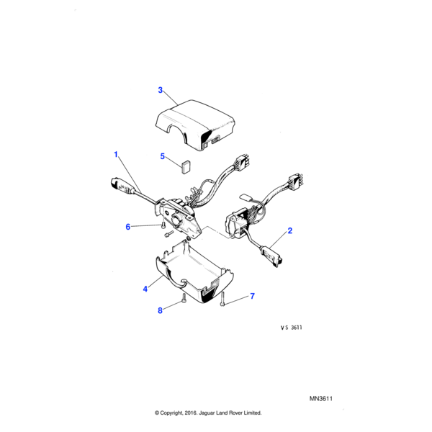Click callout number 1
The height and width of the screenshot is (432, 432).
click(x=114, y=154)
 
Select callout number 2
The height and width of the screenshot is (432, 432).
click(x=290, y=231)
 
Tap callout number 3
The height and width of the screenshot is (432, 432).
click(x=161, y=90)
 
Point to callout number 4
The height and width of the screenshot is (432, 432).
click(x=145, y=289)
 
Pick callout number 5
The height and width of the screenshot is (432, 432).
click(x=162, y=156)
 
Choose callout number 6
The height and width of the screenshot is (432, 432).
click(x=128, y=227)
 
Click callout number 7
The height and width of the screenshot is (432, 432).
click(x=252, y=296)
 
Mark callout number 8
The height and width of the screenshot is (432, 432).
click(x=160, y=311)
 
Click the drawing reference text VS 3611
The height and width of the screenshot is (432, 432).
click(x=291, y=328)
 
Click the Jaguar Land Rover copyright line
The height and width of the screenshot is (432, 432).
click(x=208, y=413)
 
